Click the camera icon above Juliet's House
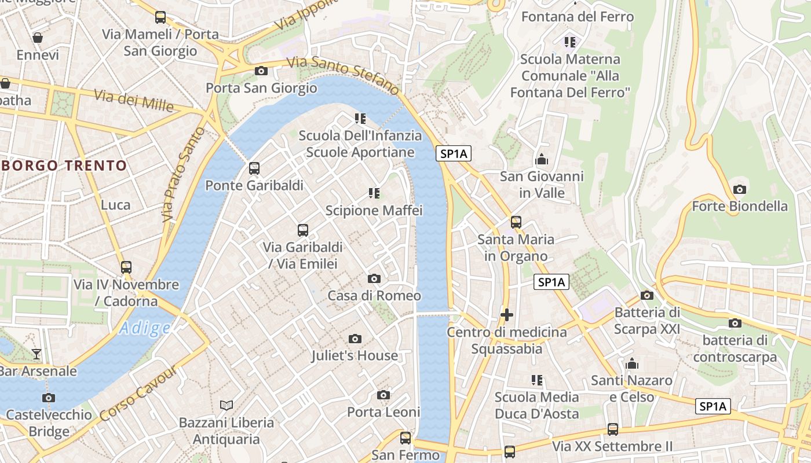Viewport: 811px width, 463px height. (355, 339)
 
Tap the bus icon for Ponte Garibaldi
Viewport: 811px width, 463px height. (254, 168)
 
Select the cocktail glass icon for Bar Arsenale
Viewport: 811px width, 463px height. (36, 354)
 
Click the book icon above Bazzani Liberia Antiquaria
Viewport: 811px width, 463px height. (227, 405)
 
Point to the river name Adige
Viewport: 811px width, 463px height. (145, 328)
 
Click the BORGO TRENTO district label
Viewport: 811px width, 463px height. (64, 166)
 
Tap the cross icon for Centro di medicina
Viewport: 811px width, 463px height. (507, 315)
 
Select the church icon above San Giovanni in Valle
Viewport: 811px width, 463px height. (542, 159)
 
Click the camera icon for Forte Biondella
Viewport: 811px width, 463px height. (739, 189)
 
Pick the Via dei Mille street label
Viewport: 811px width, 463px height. (134, 101)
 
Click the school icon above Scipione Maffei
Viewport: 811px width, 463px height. (374, 193)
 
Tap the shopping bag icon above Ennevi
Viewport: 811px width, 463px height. (38, 38)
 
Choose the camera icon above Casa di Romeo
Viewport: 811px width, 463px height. (374, 279)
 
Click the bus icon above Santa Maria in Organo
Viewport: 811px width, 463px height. (516, 222)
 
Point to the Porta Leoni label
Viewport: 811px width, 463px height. (383, 412)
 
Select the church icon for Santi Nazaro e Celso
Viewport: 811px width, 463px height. (632, 364)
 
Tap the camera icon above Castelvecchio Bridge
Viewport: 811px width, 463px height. (49, 398)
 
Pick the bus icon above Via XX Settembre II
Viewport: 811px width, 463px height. (613, 429)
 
